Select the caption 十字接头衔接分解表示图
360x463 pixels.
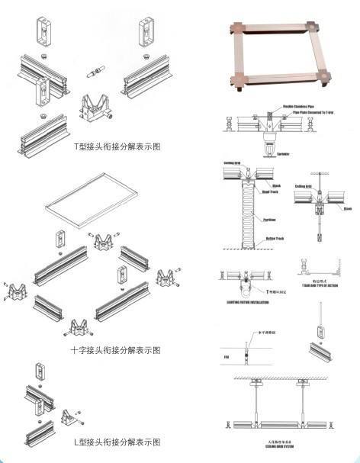click(115, 350)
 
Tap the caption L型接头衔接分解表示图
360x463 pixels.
click(117, 442)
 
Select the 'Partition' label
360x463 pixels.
click(269, 220)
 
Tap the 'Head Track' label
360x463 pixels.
click(269, 193)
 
